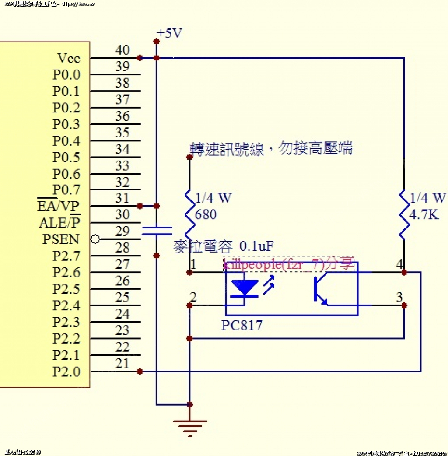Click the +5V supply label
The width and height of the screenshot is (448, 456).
[x=169, y=33]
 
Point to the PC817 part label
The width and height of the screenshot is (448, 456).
[x=241, y=326]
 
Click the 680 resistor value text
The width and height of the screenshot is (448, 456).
[x=206, y=215]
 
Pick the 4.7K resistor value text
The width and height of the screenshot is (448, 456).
[x=424, y=215]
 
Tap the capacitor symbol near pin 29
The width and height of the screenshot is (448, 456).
[x=157, y=231]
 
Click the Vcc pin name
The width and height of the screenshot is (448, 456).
[x=69, y=58]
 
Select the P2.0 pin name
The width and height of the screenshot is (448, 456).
[x=66, y=372]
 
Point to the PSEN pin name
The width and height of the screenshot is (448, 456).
[x=61, y=239]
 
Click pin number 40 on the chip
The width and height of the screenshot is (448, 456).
[x=122, y=50]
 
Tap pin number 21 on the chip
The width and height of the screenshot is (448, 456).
[x=122, y=364]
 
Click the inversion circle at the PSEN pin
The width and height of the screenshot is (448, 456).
[x=95, y=239]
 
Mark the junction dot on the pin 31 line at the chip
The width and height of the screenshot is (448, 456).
[x=140, y=206]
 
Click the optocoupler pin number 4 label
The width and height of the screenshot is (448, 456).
[x=399, y=264]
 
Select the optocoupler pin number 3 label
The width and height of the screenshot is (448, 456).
[x=399, y=298]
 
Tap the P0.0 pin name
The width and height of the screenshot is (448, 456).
[x=66, y=74]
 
